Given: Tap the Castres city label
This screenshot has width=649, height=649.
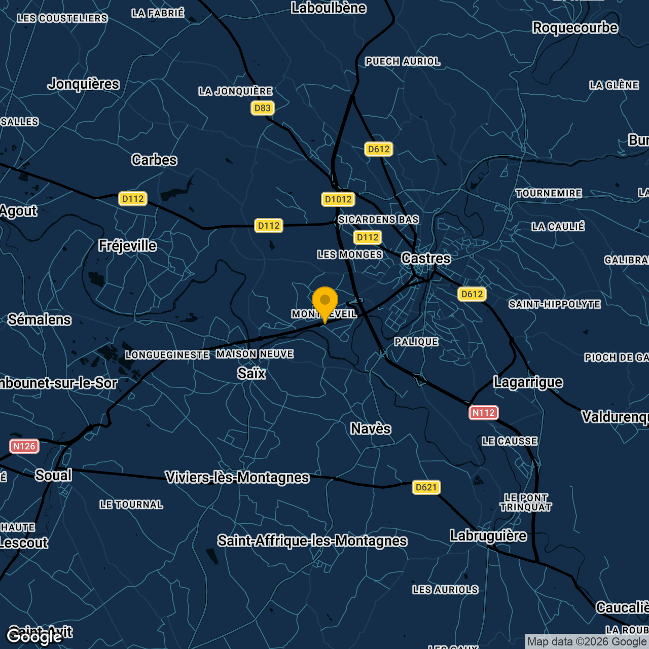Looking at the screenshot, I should click(426, 259).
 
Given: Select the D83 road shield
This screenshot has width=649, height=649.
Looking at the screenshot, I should click(262, 108).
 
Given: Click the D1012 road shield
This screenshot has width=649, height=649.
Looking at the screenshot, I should click(338, 199).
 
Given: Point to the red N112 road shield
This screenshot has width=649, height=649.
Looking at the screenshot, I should click(483, 413).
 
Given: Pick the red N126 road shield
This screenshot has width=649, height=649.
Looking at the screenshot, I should click(24, 446).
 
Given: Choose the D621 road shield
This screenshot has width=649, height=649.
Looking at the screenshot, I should click(426, 487).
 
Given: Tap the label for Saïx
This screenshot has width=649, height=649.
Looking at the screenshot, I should click(251, 374).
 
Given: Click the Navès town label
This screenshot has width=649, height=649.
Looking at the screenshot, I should click(371, 429).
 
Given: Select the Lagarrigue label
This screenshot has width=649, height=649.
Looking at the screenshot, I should click(528, 382).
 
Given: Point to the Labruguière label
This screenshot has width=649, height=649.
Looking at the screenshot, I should click(488, 536).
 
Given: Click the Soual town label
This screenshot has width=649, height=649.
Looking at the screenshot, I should click(53, 476).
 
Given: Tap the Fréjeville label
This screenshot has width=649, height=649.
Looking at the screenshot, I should click(127, 246).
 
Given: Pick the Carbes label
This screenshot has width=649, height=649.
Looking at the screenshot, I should click(154, 160).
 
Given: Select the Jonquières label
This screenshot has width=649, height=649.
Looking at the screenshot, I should click(84, 84).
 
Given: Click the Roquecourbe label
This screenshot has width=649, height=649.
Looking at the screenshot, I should click(575, 28).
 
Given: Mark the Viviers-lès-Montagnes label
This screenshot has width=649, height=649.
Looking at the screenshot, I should click(237, 478).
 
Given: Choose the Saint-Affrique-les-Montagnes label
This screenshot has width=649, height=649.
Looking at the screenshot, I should click(312, 541).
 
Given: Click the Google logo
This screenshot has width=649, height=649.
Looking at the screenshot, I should click(34, 637).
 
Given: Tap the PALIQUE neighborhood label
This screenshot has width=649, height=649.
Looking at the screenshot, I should click(416, 342).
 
